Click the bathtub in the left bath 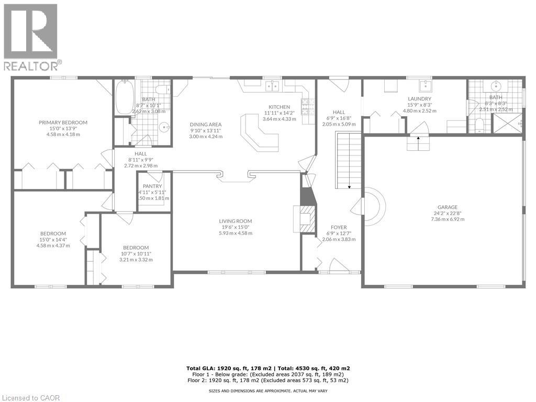coord(124,97)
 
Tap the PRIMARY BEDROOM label coord(63,122)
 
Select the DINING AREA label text coord(206,125)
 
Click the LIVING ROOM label coord(236,221)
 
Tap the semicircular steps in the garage coord(374,207)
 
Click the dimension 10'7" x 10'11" coord(136,254)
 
